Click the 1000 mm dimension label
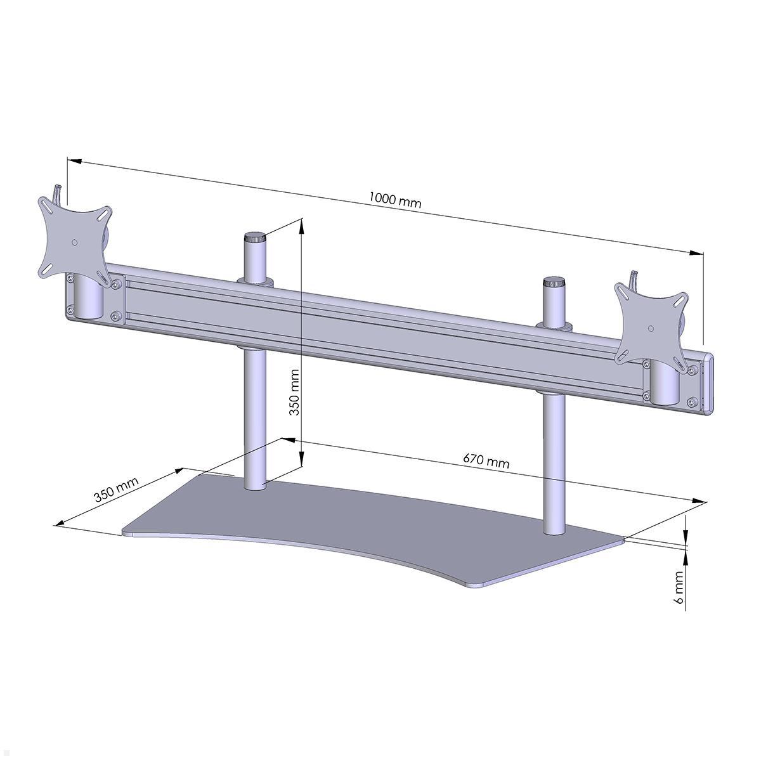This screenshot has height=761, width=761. pos(395,200)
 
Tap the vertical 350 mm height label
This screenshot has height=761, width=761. pos(294,393)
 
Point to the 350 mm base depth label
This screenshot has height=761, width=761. pos(117,489)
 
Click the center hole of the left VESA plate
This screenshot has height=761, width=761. pos(75,242)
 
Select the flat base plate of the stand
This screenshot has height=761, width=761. pos(380,526)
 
